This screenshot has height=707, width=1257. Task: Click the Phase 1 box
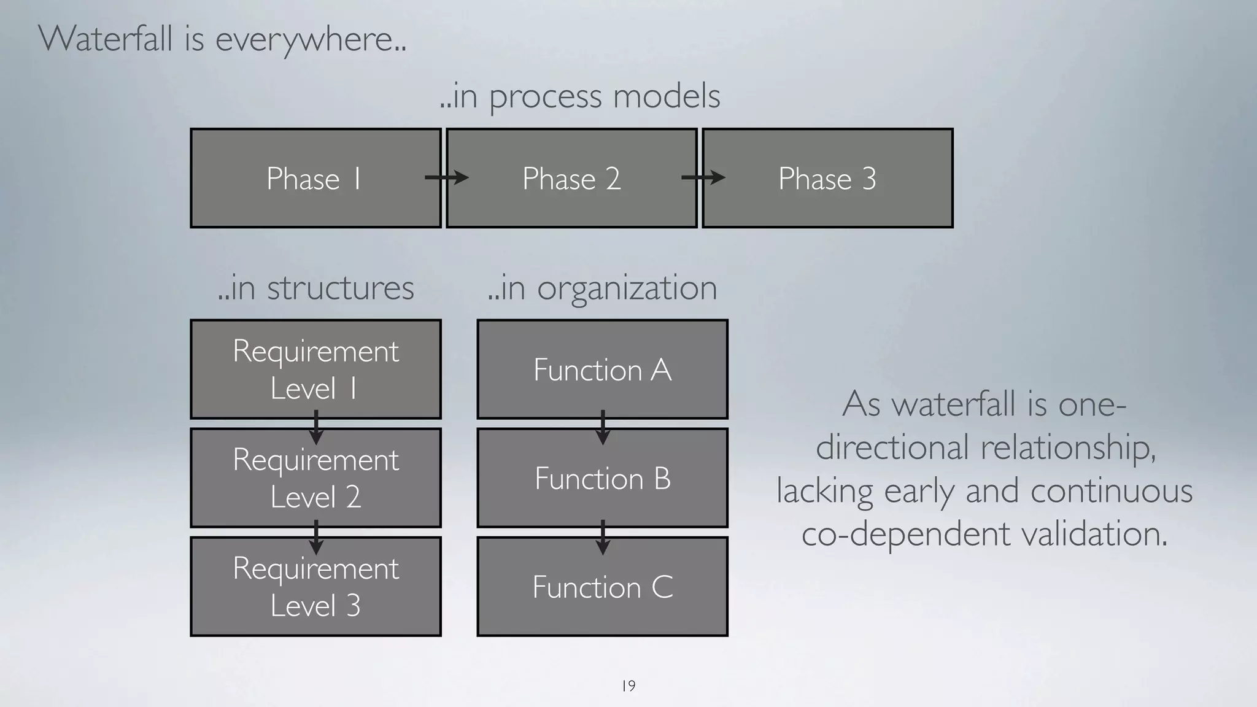[315, 179]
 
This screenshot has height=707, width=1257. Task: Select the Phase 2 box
[571, 179]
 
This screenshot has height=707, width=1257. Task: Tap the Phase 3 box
[827, 179]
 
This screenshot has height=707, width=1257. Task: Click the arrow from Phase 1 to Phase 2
[447, 178]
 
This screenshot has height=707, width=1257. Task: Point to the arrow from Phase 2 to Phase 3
[703, 178]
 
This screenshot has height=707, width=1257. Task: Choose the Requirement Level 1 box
[315, 369]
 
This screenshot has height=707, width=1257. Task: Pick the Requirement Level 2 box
[315, 477]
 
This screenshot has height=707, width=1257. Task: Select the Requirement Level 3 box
[315, 587]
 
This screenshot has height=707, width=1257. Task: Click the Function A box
[602, 369]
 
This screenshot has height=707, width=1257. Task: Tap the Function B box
[602, 477]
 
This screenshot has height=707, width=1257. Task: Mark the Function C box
[602, 587]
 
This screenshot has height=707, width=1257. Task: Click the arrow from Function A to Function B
[603, 427]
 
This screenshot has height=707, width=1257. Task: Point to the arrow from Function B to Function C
[603, 537]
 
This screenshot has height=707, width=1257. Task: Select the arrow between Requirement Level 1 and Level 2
[316, 427]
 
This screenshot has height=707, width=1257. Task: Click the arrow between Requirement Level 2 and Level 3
[316, 537]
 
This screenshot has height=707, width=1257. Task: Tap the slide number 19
[628, 686]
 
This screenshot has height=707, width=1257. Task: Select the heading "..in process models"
[580, 96]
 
